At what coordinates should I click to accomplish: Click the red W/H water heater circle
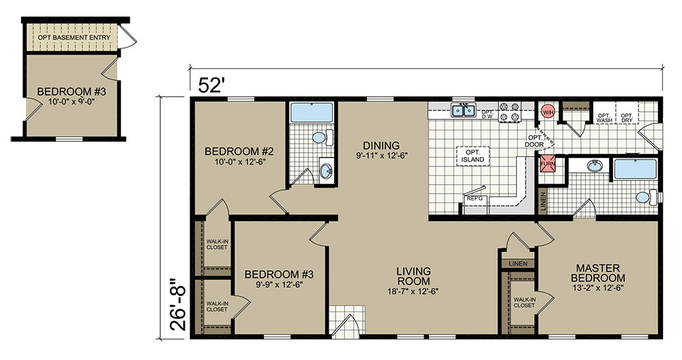548,112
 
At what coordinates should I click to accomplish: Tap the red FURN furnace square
548,164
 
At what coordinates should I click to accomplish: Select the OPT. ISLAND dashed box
473,156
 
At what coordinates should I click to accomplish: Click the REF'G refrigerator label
475,198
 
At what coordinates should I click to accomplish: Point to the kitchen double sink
464,110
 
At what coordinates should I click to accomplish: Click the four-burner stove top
509,111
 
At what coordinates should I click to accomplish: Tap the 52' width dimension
211,85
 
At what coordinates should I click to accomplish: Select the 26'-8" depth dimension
177,302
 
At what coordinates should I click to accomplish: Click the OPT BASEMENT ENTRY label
74,37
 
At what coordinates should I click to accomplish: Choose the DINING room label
381,146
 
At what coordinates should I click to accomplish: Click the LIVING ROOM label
413,276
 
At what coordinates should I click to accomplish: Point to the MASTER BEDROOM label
598,273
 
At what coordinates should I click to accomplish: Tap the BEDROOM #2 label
239,151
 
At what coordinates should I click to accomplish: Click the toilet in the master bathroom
648,198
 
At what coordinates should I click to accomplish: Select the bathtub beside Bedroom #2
312,112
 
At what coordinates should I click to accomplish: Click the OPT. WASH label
604,117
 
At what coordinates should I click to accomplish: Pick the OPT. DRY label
627,117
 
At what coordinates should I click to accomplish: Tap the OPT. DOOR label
534,141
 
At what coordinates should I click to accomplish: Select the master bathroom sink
593,166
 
